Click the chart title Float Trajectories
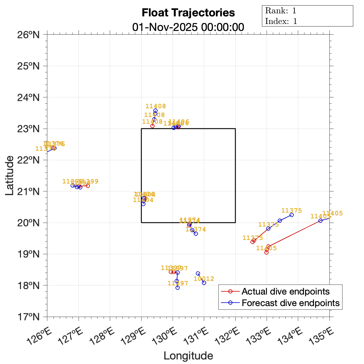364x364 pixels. pos(188,13)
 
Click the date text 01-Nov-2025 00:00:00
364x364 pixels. pos(188,27)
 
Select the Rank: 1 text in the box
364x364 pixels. pos(281,11)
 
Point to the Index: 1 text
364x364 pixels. pos(281,21)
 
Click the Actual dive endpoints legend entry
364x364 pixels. pos(285,292)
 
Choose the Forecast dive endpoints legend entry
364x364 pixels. pos(290,303)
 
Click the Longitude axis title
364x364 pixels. pos(188,356)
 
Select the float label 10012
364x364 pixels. pos(204,279)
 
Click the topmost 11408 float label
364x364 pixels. pos(156,106)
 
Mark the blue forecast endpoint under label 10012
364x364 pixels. pos(204,283)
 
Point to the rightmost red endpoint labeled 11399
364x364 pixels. pos(88,186)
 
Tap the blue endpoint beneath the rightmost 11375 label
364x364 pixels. pos(292,215)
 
